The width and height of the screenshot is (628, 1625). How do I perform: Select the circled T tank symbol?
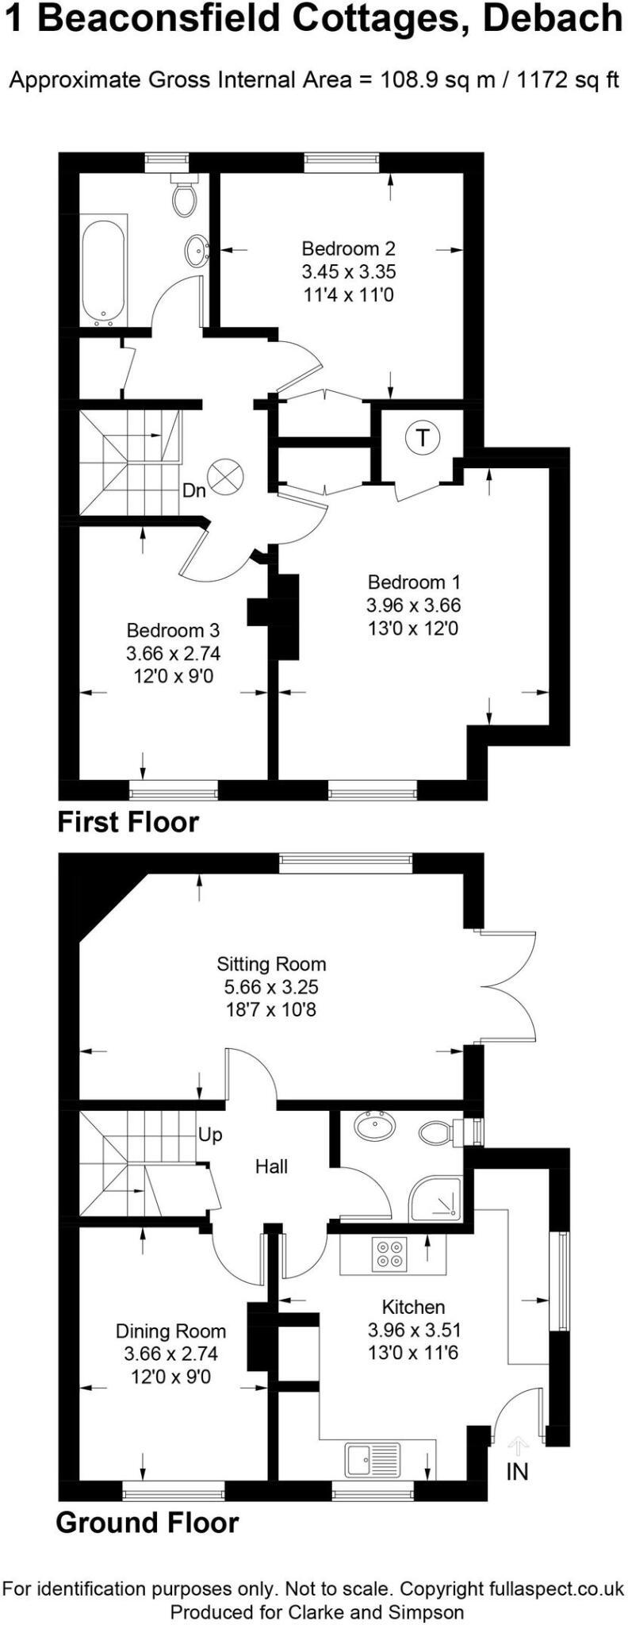pos(423,437)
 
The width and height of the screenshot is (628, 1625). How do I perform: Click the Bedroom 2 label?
pos(348,248)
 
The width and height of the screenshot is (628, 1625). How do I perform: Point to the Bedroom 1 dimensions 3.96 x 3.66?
pos(413,605)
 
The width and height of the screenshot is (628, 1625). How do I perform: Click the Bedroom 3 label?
pos(173,631)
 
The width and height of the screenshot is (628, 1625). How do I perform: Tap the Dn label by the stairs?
pos(193,490)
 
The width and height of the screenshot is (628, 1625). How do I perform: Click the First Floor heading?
pos(128,822)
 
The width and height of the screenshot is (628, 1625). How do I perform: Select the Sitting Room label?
pos(271,964)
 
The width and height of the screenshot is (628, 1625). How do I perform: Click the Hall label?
pos(271,1166)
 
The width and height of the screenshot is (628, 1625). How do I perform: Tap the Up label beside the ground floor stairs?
pos(210,1135)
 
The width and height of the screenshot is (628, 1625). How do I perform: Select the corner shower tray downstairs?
pos(435,1199)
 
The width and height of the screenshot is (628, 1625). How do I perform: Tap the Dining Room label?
pos(170,1331)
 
